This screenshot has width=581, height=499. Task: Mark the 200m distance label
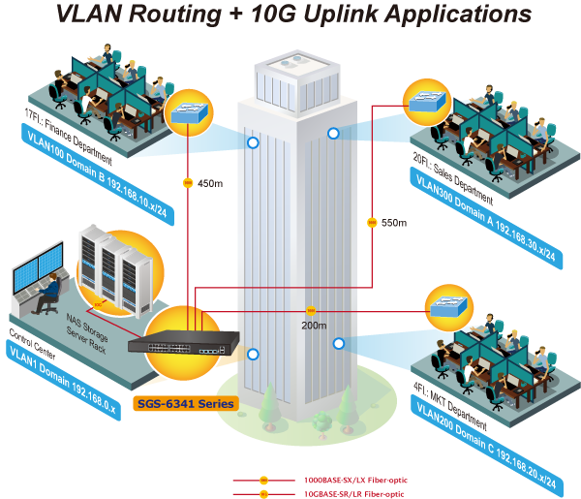(314, 327)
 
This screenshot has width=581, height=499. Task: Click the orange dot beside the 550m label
(371, 223)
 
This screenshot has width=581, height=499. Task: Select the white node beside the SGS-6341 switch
(252, 353)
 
